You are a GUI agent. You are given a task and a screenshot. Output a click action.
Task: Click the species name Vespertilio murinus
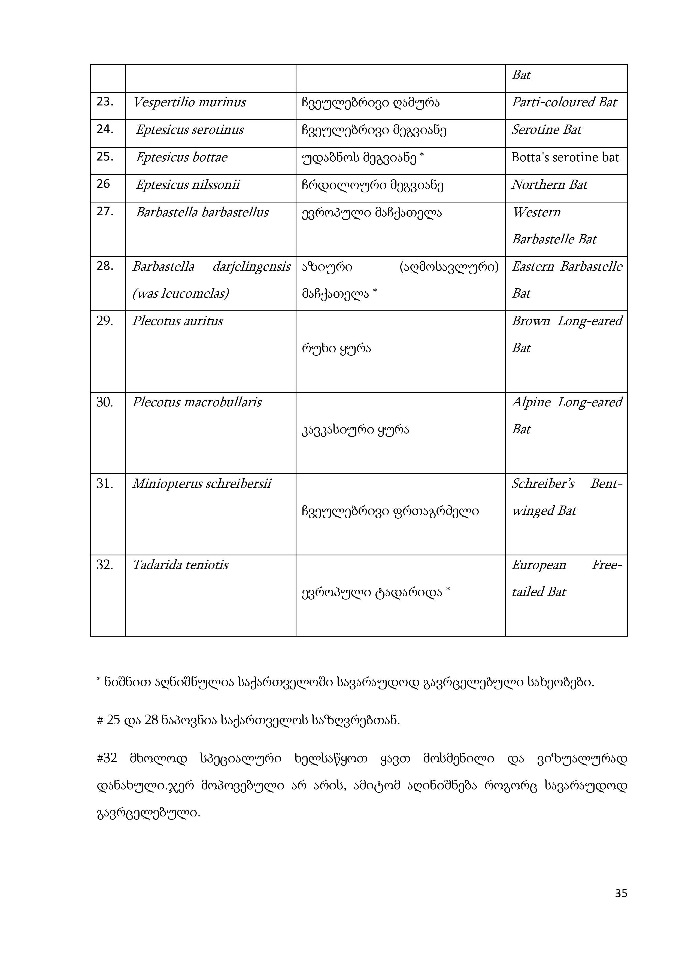coord(189,102)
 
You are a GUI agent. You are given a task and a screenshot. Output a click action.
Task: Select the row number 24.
coord(105,129)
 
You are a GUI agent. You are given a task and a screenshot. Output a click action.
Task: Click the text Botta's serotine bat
coord(565,158)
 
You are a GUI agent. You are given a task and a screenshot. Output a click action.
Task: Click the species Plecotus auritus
coord(177,321)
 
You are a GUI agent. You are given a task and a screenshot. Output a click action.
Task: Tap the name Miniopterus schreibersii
coord(201,484)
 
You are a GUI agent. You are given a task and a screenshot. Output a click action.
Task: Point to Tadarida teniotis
coord(180,565)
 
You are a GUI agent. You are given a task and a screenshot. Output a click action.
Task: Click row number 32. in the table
coord(105,565)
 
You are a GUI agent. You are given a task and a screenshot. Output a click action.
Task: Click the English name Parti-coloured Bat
coord(564,102)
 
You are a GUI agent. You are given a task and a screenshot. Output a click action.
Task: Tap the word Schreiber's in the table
coord(543,484)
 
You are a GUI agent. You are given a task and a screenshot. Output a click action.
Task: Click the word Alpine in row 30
coord(531,402)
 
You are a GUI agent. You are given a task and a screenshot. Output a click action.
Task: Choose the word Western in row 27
coord(536,212)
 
